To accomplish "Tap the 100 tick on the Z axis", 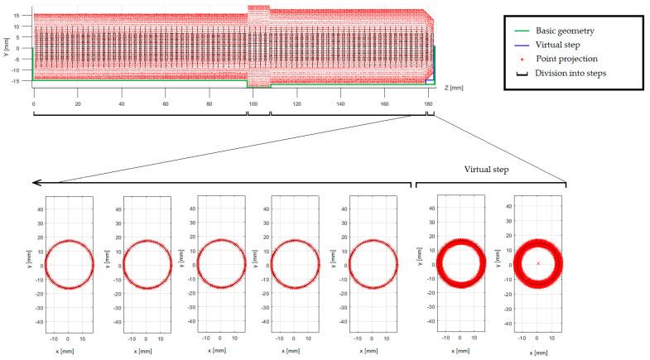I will pos(253,104).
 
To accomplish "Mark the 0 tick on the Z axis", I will pos(33,104).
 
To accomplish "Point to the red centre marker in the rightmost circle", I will pos(538,263).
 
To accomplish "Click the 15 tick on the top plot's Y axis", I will pos(25,15).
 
